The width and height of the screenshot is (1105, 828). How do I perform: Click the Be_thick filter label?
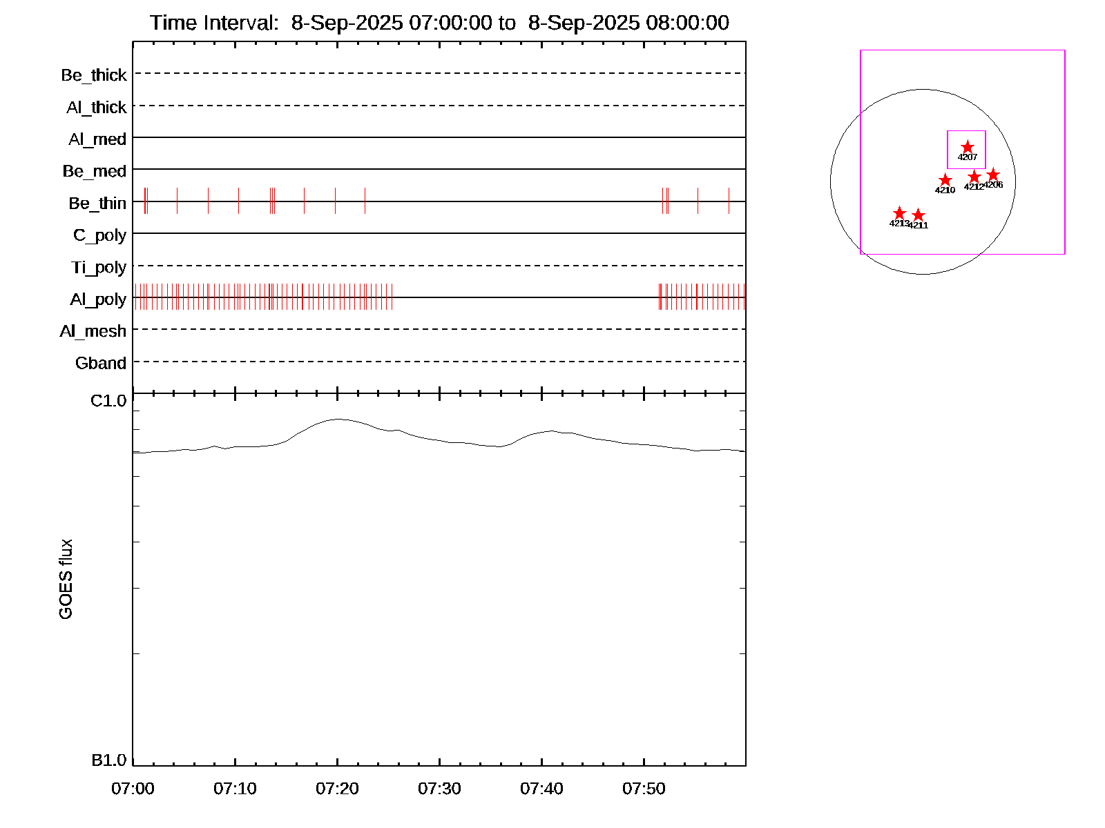point(94,75)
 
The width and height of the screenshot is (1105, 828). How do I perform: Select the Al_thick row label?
point(97,108)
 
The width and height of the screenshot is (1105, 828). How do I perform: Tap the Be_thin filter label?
point(97,204)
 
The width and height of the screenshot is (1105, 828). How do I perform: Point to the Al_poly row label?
point(98,299)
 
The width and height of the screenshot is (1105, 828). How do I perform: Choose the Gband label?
point(101,364)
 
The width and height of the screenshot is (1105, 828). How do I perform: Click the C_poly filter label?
point(100,236)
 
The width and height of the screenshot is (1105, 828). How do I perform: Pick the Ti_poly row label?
point(99,268)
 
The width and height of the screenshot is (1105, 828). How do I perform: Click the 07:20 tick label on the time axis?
point(337,789)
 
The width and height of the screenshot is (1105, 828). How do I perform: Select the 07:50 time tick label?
point(644,789)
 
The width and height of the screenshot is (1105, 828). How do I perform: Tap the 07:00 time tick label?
point(133,789)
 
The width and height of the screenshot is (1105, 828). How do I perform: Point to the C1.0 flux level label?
point(108,401)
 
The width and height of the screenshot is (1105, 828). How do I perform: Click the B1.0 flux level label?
point(109,760)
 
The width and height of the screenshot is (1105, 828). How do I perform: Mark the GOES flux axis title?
point(66,580)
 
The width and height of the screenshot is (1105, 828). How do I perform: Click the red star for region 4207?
point(968,147)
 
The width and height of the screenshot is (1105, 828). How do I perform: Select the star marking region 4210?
point(945,180)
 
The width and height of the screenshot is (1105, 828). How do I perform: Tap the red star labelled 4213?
point(899,213)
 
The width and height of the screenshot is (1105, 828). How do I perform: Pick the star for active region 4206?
point(993,175)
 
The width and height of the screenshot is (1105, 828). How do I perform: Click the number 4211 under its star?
point(919,226)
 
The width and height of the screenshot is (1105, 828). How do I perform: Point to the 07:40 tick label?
point(541,789)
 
